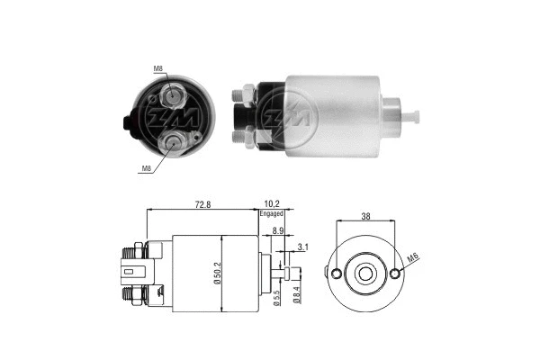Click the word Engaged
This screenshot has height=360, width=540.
(272, 214)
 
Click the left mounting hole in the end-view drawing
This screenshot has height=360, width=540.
(336, 274)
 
